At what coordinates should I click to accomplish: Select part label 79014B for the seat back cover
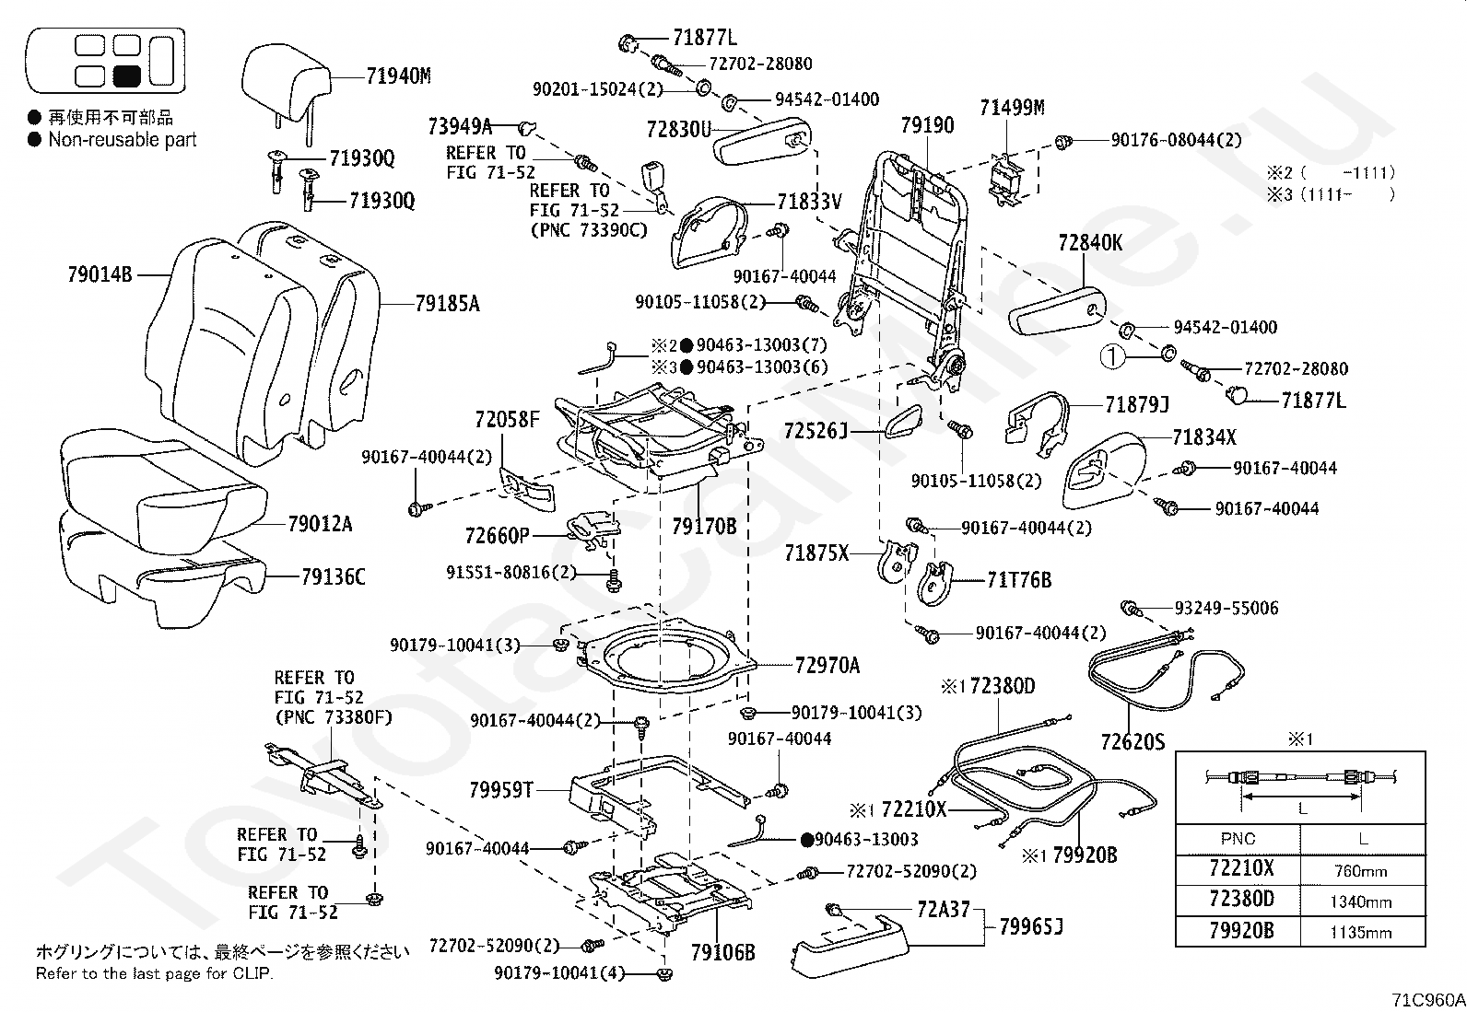click(100, 273)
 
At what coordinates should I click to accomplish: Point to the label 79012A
click(320, 524)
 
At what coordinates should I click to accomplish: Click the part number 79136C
click(333, 577)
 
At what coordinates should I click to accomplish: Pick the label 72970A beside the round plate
click(827, 665)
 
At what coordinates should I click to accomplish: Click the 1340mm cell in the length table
click(1361, 902)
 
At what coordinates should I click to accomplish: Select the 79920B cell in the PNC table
click(1240, 931)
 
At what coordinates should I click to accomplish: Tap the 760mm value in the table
click(1361, 871)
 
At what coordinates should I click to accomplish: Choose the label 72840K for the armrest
click(1090, 243)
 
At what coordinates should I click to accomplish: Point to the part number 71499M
click(1011, 108)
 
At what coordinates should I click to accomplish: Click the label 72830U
click(679, 130)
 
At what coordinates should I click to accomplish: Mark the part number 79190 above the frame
click(927, 125)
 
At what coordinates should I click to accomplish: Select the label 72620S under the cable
click(1133, 741)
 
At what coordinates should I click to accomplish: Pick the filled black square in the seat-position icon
click(126, 76)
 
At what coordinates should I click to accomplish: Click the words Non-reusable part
click(123, 140)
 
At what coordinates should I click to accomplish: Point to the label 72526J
click(816, 430)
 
